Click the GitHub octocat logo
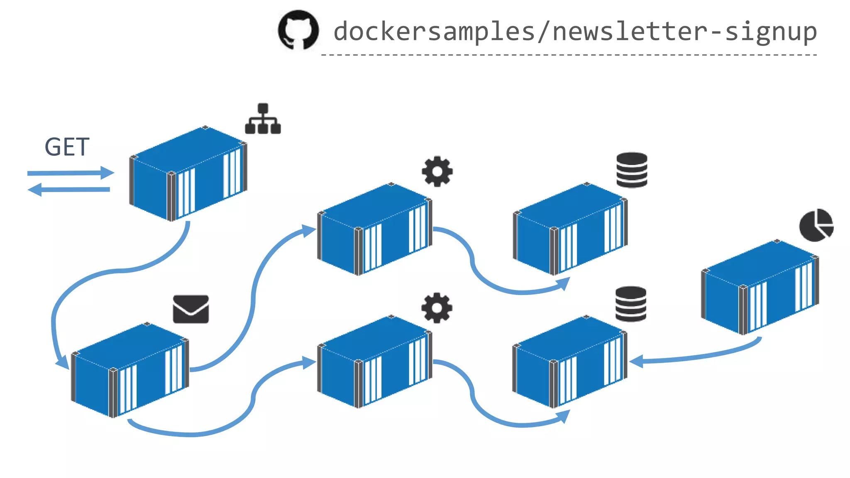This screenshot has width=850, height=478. click(x=298, y=30)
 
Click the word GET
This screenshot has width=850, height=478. click(x=67, y=147)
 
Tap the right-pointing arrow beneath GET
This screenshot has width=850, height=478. click(x=71, y=173)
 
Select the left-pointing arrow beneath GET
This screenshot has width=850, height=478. click(x=69, y=190)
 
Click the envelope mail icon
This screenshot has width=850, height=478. click(x=191, y=309)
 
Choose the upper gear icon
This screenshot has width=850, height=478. click(x=437, y=171)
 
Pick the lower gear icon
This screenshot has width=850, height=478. click(x=437, y=308)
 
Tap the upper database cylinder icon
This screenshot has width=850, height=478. click(x=632, y=170)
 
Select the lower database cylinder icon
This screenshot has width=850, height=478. click(x=631, y=304)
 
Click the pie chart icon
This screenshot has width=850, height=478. click(x=816, y=225)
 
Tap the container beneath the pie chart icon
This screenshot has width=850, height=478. click(x=760, y=287)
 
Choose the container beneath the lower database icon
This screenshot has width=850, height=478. click(x=569, y=361)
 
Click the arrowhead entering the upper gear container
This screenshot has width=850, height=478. click(x=309, y=230)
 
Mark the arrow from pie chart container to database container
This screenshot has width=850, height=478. click(x=697, y=355)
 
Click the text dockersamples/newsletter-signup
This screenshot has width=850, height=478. click(x=575, y=32)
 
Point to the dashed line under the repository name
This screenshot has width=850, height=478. click(x=569, y=55)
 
